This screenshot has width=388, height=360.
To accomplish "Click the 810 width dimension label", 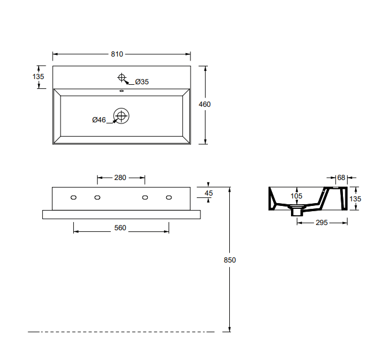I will point(117,54).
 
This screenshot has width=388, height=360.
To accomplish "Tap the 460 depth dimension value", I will point(204,104).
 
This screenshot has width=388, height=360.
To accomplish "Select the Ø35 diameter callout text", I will point(142,82).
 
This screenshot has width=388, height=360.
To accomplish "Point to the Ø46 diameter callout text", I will point(99,120).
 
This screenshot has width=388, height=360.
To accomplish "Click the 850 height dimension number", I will point(230,260).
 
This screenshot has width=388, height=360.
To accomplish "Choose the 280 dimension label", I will point(120,178).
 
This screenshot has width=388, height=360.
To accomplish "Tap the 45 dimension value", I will point(209,193).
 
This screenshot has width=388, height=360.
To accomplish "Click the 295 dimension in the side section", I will point(321,222).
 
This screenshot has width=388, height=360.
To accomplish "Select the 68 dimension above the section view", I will point(341,177).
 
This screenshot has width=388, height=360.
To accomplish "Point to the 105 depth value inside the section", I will point(296,196).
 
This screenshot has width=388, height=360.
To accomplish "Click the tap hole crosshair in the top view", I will point(122,77).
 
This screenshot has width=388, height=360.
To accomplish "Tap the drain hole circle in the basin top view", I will point(121,116).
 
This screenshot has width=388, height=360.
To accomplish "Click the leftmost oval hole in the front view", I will point(73,198).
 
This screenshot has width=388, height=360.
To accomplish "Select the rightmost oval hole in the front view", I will point(169,198).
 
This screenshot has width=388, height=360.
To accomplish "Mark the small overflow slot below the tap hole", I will point(122,91).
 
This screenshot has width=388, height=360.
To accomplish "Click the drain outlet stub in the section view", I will point(297,212).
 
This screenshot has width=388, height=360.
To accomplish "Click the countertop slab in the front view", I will point(121,214).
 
